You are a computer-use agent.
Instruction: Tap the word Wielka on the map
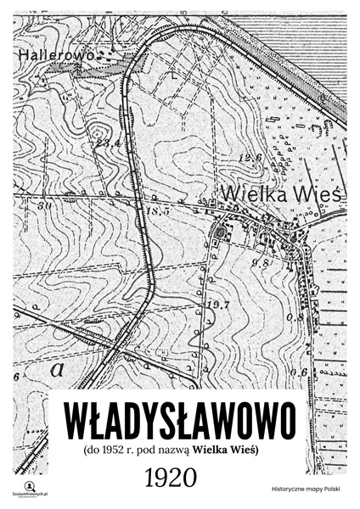click(247, 193)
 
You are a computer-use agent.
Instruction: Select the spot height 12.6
click(249, 158)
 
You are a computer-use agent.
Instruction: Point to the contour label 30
click(44, 205)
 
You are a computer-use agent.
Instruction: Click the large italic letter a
click(57, 369)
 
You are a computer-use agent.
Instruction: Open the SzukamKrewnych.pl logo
click(28, 488)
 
